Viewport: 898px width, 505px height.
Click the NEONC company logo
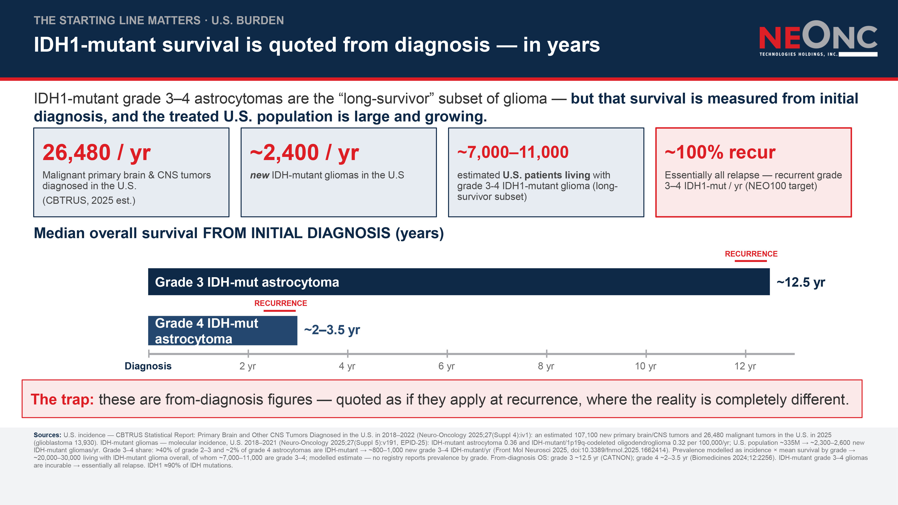point(818,39)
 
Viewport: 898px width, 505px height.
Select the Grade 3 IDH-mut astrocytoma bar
point(459,282)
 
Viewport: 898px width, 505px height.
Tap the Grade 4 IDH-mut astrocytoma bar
point(223,330)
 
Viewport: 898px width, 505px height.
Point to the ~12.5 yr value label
point(801,282)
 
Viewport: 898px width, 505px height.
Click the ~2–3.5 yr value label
point(332,330)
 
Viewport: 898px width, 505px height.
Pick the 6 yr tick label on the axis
point(447,366)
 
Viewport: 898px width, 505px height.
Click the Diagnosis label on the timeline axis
point(148,366)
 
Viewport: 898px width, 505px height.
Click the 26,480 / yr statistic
point(97,153)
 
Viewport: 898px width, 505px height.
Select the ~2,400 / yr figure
point(304,153)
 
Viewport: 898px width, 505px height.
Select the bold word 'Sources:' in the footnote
point(47,435)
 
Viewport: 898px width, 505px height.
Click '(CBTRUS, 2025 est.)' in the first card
point(89,200)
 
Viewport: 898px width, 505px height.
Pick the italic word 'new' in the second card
point(260,175)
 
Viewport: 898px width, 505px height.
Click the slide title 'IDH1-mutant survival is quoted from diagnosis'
point(262,45)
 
